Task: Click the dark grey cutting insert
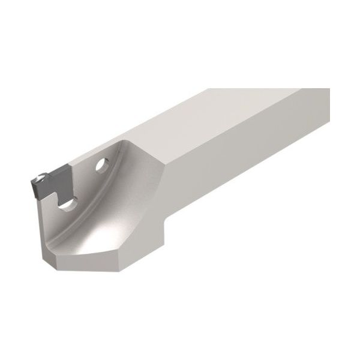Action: tap(51, 183)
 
